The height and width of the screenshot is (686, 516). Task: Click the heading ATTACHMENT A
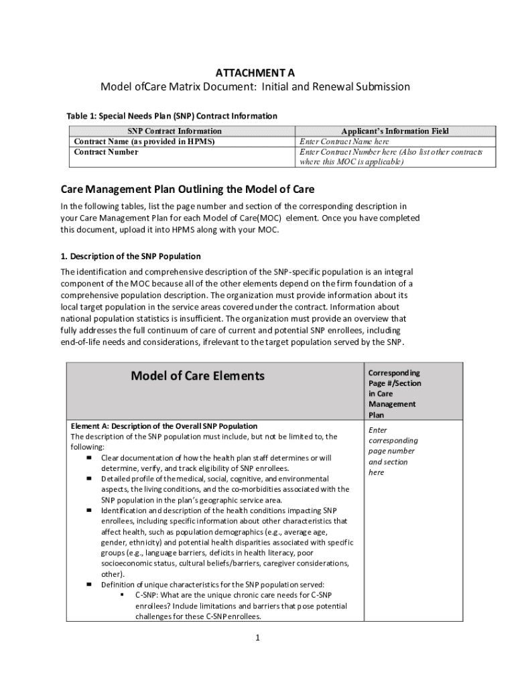(255, 72)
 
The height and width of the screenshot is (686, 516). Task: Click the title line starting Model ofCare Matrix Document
(255, 87)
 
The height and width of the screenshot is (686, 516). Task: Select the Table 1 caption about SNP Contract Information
(172, 116)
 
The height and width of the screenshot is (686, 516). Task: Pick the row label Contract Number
(106, 152)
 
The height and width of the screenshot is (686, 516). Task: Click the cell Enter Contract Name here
(344, 142)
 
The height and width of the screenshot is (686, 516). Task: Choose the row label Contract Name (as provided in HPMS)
(144, 142)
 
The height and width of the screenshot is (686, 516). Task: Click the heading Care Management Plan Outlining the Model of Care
(188, 190)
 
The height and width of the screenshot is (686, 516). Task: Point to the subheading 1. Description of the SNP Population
(131, 256)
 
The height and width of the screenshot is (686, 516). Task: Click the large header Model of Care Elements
(198, 376)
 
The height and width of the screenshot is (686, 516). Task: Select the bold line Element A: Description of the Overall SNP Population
(164, 426)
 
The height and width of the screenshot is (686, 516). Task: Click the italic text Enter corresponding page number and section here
(393, 451)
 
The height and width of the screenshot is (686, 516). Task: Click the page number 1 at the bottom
(257, 637)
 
